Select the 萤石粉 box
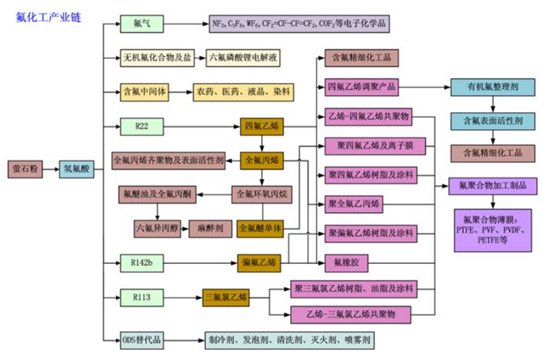click(x=26, y=171)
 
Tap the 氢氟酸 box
click(x=80, y=171)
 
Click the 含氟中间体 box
click(x=147, y=93)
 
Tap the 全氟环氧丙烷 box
click(x=262, y=193)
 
